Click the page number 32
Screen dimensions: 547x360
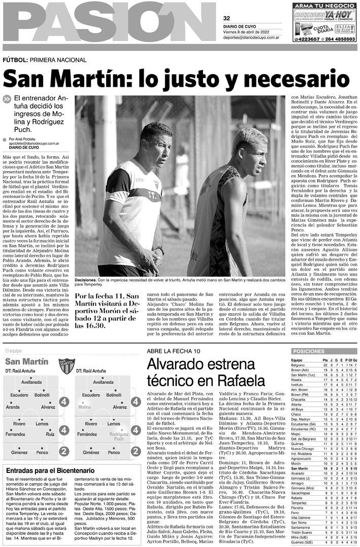click(226, 18)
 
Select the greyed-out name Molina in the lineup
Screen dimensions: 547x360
click(85, 407)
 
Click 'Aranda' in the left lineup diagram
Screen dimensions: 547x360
click(13, 407)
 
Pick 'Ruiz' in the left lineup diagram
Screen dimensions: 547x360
click(50, 434)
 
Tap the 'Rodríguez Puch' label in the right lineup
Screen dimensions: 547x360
click(119, 436)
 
